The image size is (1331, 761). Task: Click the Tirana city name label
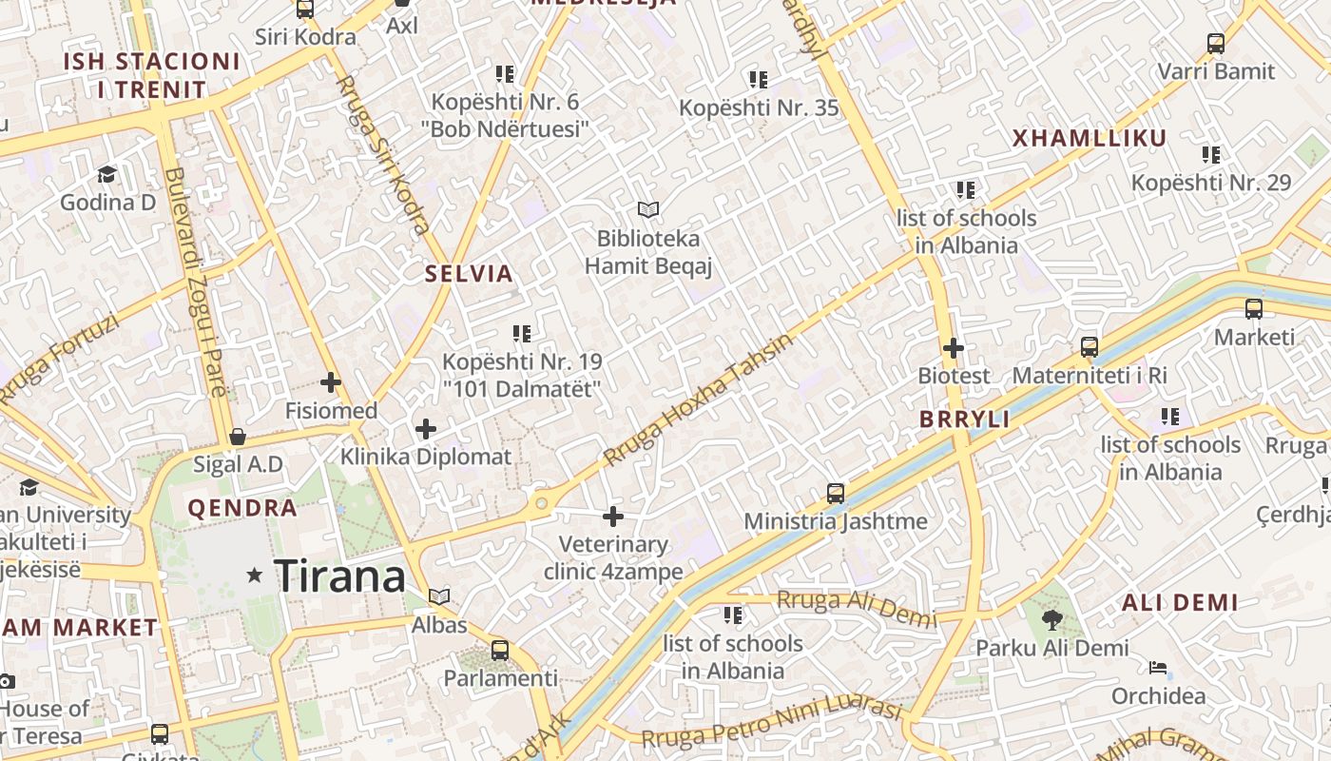click(339, 576)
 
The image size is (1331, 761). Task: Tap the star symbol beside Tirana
click(254, 575)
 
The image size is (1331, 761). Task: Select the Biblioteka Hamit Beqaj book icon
click(648, 209)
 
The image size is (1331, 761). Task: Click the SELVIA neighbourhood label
click(469, 274)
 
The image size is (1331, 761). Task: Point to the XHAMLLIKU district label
click(1090, 139)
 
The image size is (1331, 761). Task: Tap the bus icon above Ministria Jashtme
click(836, 494)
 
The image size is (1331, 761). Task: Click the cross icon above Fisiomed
click(331, 383)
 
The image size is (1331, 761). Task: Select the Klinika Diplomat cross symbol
click(426, 429)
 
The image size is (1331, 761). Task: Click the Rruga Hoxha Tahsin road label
click(699, 400)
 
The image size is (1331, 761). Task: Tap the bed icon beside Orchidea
click(1158, 668)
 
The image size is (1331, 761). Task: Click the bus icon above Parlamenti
click(500, 652)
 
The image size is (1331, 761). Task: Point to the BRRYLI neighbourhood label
click(964, 420)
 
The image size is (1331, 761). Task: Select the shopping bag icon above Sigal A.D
click(238, 437)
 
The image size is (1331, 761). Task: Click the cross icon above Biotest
click(954, 348)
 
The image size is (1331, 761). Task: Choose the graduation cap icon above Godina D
click(106, 174)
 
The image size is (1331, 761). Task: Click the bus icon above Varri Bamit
click(1216, 44)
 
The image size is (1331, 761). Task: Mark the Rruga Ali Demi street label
click(857, 609)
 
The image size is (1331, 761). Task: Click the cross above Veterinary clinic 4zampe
click(613, 517)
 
